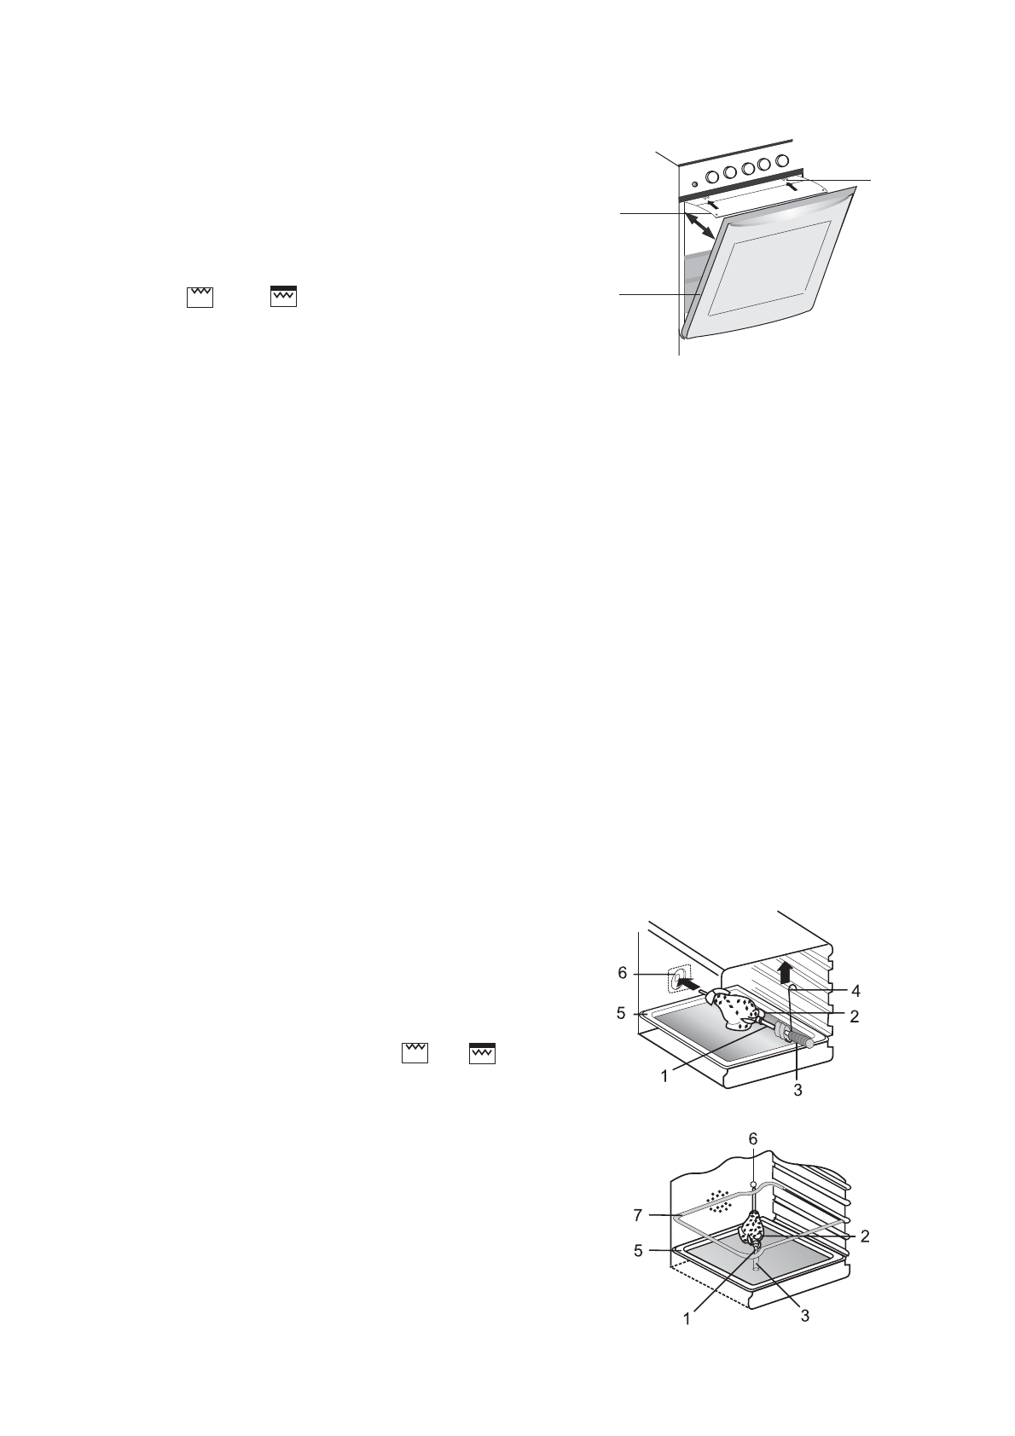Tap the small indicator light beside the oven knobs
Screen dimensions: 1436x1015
tap(694, 183)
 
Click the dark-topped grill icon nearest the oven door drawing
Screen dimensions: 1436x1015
tap(283, 295)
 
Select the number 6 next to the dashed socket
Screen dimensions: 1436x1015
tap(623, 973)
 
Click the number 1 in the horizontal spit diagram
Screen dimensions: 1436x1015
tap(664, 1076)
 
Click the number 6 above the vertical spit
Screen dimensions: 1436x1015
tap(752, 1139)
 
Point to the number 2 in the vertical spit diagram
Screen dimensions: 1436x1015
tap(864, 1236)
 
